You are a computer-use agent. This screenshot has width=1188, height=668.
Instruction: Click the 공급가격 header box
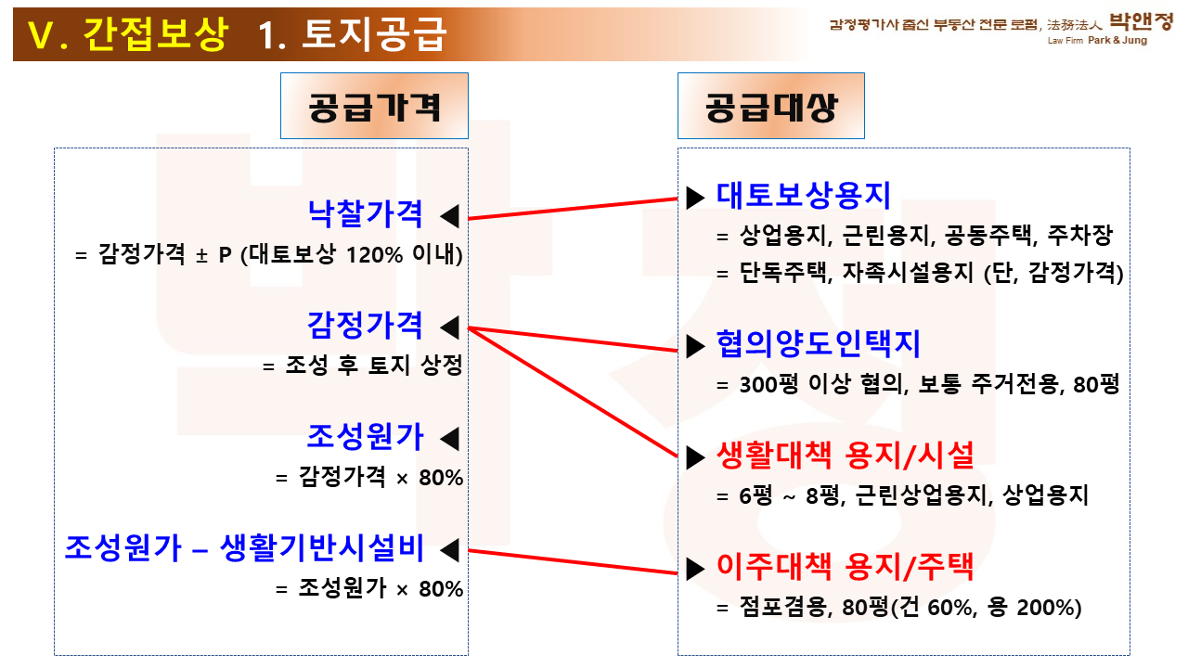point(374,106)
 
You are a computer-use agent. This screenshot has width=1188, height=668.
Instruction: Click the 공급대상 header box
point(771,106)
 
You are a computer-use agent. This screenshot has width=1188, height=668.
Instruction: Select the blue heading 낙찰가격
point(366,214)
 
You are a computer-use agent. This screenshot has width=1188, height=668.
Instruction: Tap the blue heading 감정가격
point(366,325)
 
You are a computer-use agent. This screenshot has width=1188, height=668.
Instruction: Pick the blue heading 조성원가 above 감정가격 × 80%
point(366,437)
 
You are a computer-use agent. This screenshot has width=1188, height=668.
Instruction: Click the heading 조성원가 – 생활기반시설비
point(244,547)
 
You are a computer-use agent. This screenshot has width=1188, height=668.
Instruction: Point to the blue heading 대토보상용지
point(803,196)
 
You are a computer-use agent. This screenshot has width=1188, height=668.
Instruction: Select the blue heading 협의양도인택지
point(818,344)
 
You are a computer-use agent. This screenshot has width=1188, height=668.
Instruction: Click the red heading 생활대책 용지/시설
point(846,456)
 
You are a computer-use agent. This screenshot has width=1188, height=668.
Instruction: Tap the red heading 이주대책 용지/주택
point(846,567)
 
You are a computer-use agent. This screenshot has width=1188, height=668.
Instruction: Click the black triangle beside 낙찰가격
point(450,216)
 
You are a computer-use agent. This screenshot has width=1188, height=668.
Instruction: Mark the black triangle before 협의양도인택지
point(695,346)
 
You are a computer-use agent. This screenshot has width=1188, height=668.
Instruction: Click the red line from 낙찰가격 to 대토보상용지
point(573,209)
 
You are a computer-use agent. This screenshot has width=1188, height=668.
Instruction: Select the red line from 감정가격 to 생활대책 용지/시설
point(573,392)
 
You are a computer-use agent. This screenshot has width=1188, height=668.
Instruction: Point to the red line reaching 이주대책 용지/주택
point(573,562)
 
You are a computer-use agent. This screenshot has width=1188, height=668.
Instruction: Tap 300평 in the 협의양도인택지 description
point(768,384)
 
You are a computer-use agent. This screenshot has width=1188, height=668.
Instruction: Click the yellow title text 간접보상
point(156,34)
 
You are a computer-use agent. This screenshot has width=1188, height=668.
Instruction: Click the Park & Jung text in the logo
point(1117,40)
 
